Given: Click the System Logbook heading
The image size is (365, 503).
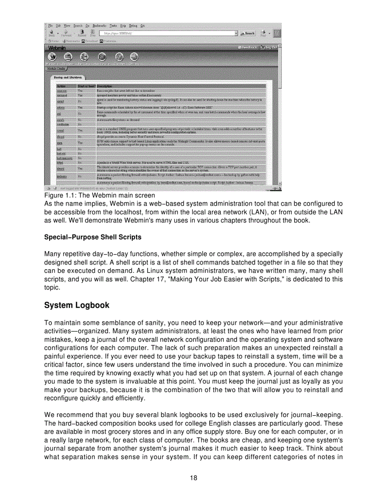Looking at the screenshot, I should (x=76, y=305).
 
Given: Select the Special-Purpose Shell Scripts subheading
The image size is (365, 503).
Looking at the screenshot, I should (x=93, y=237).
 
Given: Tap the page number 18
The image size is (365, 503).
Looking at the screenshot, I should (x=193, y=477).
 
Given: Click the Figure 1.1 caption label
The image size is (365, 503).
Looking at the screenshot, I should (x=99, y=195).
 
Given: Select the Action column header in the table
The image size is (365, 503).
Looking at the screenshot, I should (x=61, y=86).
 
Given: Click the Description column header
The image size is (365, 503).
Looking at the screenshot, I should (x=104, y=86).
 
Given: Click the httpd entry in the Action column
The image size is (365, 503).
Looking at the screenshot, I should (x=59, y=163).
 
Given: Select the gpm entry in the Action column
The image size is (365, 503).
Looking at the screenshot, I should (x=59, y=142).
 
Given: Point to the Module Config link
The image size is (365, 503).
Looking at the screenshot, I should (x=54, y=69).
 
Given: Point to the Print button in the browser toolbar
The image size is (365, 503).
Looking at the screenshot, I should (x=264, y=33).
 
